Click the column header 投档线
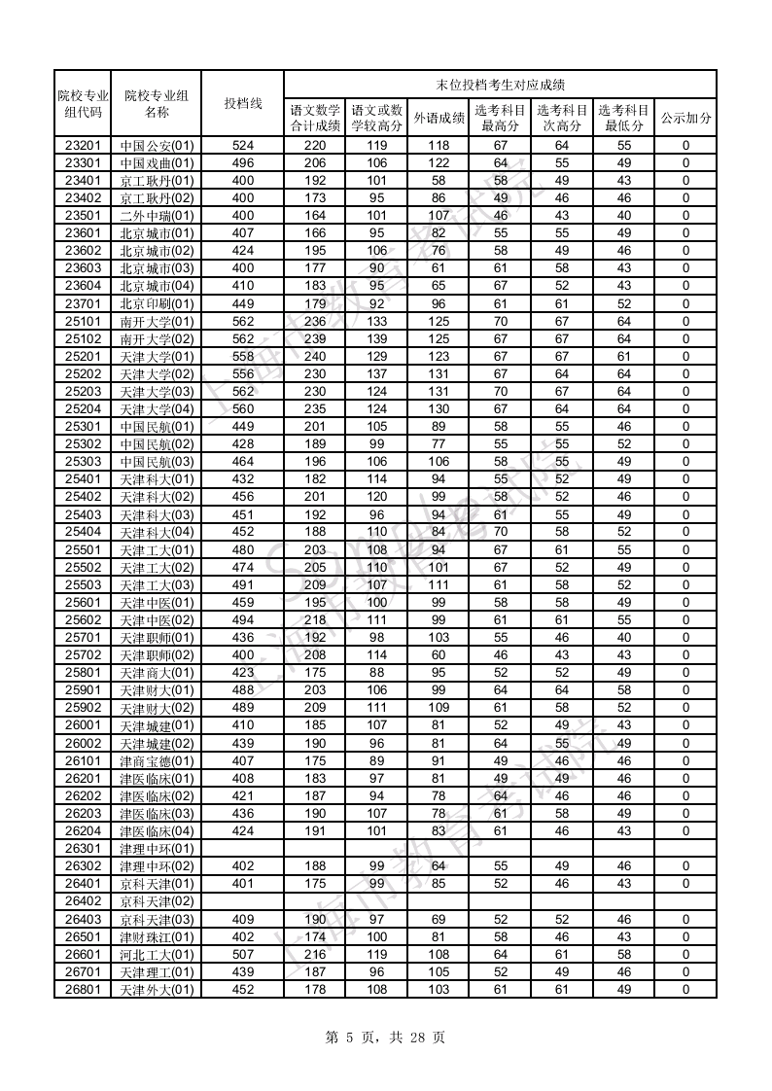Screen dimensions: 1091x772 243,103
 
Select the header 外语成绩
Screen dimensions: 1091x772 439,118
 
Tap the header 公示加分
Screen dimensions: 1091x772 685,118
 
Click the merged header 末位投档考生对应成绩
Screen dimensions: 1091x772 500,85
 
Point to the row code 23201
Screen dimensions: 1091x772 83,145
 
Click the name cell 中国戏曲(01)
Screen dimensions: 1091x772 158,162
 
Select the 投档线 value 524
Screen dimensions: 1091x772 243,145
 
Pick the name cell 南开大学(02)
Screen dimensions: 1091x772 158,338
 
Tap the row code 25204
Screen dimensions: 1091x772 83,408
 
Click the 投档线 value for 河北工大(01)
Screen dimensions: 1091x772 243,955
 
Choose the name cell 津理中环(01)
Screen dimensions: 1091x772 158,849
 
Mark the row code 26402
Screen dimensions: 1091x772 83,901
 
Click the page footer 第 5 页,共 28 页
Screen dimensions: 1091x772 386,1038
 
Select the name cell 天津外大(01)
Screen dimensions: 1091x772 158,990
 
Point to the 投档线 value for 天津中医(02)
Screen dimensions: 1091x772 243,620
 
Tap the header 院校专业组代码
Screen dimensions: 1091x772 83,103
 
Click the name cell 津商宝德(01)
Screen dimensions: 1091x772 158,761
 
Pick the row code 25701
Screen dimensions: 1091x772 83,638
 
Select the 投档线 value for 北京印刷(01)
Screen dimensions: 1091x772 243,303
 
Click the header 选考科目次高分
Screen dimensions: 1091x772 562,118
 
